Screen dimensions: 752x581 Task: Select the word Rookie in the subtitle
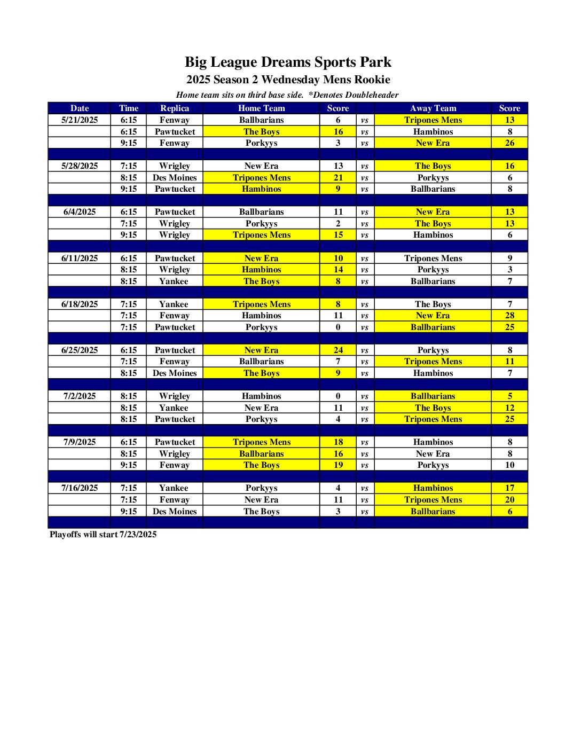[372, 80]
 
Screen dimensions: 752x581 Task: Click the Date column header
[80, 108]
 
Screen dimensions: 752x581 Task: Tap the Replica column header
[175, 108]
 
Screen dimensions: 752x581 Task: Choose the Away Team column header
[433, 108]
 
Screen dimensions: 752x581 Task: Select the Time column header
[129, 108]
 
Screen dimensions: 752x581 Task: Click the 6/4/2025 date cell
[80, 212]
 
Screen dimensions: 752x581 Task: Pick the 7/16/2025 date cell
[80, 488]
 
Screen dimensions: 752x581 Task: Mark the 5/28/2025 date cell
[80, 166]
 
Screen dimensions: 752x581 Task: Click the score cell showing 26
[509, 143]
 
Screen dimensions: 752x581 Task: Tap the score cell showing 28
[509, 316]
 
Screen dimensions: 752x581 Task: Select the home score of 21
[338, 178]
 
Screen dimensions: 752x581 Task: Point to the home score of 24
[338, 350]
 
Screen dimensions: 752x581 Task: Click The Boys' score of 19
[338, 465]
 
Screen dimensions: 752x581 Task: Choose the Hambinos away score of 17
[509, 488]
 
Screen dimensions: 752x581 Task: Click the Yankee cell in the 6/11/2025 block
[174, 281]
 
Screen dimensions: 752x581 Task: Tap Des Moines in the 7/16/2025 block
[175, 512]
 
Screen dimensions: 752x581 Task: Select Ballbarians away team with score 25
[433, 327]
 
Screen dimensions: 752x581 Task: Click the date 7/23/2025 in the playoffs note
[138, 535]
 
